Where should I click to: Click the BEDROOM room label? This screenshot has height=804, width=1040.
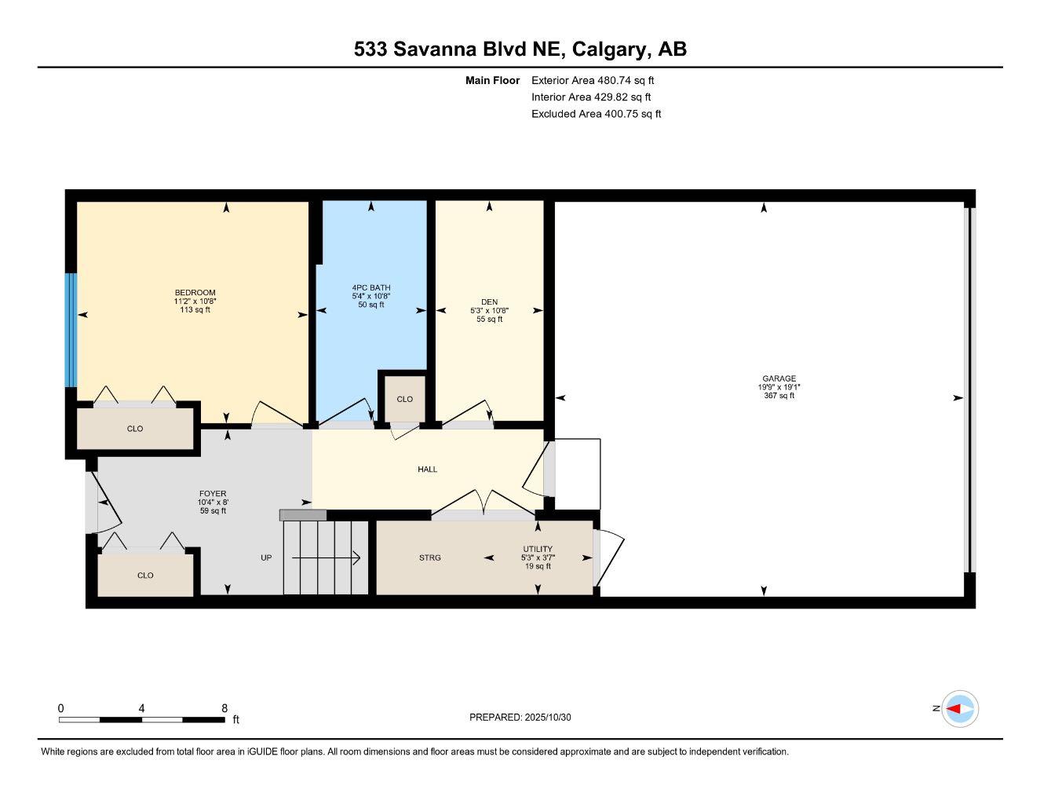click(x=195, y=292)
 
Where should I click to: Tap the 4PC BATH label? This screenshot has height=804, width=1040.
click(x=371, y=287)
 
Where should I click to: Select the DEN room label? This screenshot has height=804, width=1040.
click(x=489, y=302)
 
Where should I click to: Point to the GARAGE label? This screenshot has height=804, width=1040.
click(x=779, y=378)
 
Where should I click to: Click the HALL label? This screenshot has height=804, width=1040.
click(x=428, y=470)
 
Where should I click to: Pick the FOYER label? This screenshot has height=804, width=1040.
click(x=213, y=493)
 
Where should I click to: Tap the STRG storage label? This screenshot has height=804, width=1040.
click(x=430, y=557)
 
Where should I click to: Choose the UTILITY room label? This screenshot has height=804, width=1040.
click(x=538, y=549)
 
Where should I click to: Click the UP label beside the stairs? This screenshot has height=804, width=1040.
click(x=266, y=557)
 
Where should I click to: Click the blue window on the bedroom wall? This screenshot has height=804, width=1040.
click(x=71, y=330)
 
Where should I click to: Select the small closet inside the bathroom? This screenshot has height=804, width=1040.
click(x=405, y=398)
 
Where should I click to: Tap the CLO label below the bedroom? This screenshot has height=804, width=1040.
click(x=135, y=429)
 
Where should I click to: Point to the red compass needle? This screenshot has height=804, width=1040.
click(x=954, y=709)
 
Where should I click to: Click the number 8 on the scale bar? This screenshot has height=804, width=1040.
click(x=224, y=707)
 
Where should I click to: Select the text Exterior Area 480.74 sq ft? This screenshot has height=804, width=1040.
click(x=593, y=80)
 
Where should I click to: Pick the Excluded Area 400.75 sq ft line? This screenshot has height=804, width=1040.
click(x=596, y=114)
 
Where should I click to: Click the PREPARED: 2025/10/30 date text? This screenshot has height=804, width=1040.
click(x=520, y=718)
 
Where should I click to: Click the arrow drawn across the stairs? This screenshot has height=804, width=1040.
click(x=326, y=557)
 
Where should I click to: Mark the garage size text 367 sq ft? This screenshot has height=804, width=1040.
click(x=779, y=396)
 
